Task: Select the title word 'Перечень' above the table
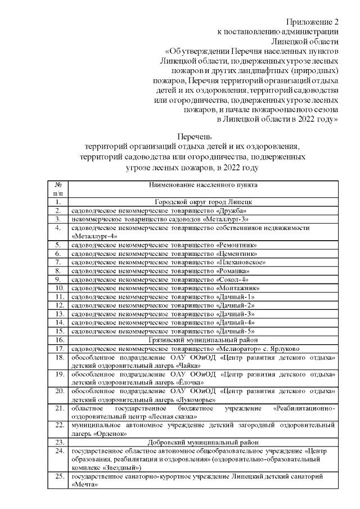(x=194, y=137)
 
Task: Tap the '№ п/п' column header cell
(x=57, y=188)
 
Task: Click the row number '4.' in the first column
(x=57, y=228)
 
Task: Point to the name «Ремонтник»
(x=237, y=245)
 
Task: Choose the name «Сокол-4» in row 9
(x=232, y=279)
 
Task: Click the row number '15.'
(x=57, y=331)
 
